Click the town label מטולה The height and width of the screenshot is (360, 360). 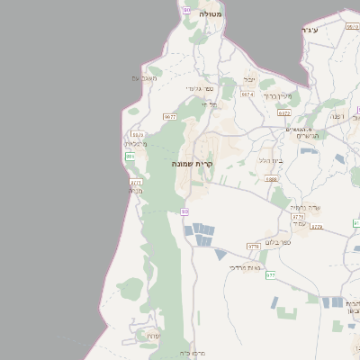click(211, 14)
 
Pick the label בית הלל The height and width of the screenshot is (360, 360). click(271, 159)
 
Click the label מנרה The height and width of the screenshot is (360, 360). click(136, 191)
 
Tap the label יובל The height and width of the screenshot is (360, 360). click(249, 79)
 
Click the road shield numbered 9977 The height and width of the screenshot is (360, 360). click(169, 117)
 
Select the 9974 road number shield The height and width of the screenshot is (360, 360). click(247, 94)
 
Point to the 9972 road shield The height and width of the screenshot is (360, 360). click(284, 113)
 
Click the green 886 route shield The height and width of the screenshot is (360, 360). click(130, 157)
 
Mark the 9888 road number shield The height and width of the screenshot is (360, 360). click(271, 179)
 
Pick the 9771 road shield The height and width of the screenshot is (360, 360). click(136, 182)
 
